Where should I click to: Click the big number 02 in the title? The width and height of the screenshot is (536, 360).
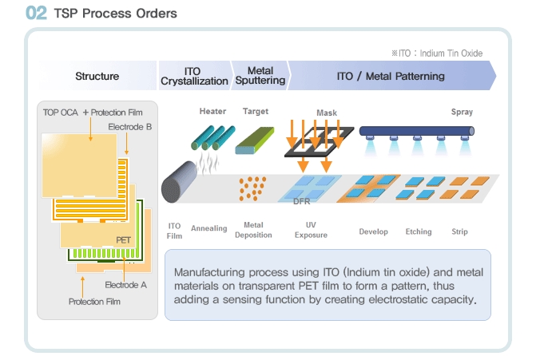[x=36, y=13]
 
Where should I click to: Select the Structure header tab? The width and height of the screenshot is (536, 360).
[x=97, y=76]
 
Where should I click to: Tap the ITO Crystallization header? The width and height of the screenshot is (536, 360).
[x=194, y=76]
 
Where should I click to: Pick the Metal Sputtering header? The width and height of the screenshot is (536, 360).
[x=260, y=76]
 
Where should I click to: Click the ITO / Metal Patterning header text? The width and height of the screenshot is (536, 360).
[x=391, y=76]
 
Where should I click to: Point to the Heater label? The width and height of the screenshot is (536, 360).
[x=212, y=111]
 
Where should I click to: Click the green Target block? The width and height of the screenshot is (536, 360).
[x=255, y=140]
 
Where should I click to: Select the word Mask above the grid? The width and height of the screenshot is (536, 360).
[x=327, y=113]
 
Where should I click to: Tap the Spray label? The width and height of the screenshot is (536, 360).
[x=462, y=112]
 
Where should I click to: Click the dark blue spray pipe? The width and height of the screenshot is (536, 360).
[x=417, y=131]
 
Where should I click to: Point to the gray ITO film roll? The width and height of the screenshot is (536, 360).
[x=179, y=182]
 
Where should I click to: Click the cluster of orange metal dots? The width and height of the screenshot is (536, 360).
[x=252, y=188]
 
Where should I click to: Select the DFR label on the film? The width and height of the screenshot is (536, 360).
[x=301, y=201]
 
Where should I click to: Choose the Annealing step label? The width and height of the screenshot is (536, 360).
[x=208, y=228]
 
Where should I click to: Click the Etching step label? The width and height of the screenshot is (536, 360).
[x=419, y=231]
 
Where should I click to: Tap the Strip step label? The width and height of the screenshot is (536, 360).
[x=459, y=231]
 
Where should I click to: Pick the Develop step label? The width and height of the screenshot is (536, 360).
[x=373, y=231]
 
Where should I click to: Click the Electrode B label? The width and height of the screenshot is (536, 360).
[x=130, y=127]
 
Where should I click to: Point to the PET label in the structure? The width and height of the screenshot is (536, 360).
[x=123, y=240]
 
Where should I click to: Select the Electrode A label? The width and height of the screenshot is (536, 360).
[x=125, y=285]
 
